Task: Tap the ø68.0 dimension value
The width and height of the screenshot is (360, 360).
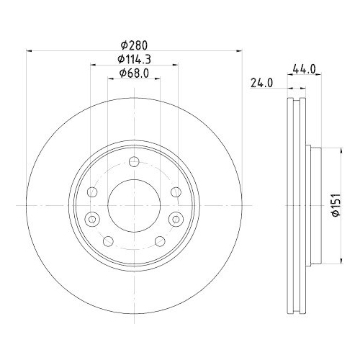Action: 134,72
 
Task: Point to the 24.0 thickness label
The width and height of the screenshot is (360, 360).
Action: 261,82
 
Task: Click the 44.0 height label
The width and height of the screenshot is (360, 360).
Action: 304,70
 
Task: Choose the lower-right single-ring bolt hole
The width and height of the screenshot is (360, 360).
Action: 160,240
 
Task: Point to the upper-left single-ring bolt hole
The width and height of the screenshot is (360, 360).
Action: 92,192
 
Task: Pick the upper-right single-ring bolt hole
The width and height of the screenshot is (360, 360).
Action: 176,192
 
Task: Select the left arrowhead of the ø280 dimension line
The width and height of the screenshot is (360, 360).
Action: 29,50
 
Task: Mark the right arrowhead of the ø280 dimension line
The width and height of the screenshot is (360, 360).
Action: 239,50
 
